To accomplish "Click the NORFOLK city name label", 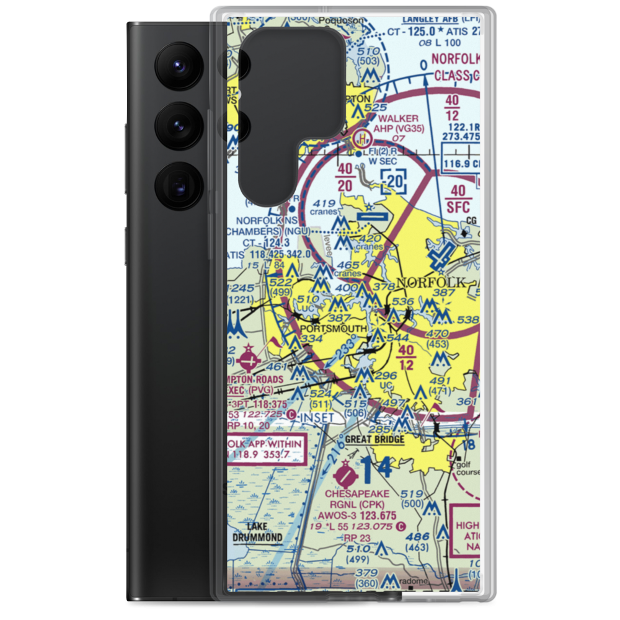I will point(430,283).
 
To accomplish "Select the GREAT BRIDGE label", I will point(374,440).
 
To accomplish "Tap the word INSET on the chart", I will point(317,418).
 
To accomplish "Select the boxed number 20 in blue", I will point(393,182).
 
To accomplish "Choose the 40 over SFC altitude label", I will point(459,198).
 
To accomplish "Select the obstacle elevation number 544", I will point(399,339).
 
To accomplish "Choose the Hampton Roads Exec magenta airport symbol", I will point(249,359).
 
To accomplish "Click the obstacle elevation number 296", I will point(386,376).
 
